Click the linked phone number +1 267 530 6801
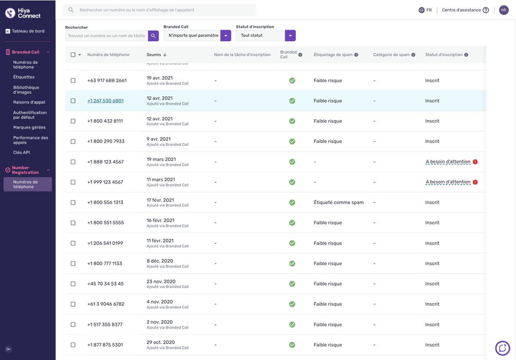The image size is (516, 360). (105, 101)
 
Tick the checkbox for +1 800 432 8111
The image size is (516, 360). (73, 121)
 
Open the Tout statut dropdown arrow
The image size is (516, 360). (290, 36)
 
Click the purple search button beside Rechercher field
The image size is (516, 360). (153, 36)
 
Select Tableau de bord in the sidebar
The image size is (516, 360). (28, 31)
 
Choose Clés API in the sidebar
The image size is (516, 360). (21, 152)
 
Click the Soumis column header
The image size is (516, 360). (154, 55)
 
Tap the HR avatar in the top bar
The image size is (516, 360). (504, 10)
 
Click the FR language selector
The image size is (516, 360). (425, 10)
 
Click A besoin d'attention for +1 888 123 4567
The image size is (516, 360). (448, 162)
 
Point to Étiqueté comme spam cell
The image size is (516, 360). (339, 202)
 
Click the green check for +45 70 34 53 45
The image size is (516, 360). (292, 284)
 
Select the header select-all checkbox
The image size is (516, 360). (73, 55)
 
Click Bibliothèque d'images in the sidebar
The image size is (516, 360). (26, 89)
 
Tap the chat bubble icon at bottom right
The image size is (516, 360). (502, 348)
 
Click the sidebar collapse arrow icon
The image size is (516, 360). (9, 349)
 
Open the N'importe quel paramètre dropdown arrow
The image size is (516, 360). (226, 36)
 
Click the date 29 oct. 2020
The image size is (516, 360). (160, 342)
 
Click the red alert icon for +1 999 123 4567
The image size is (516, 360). (475, 182)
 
